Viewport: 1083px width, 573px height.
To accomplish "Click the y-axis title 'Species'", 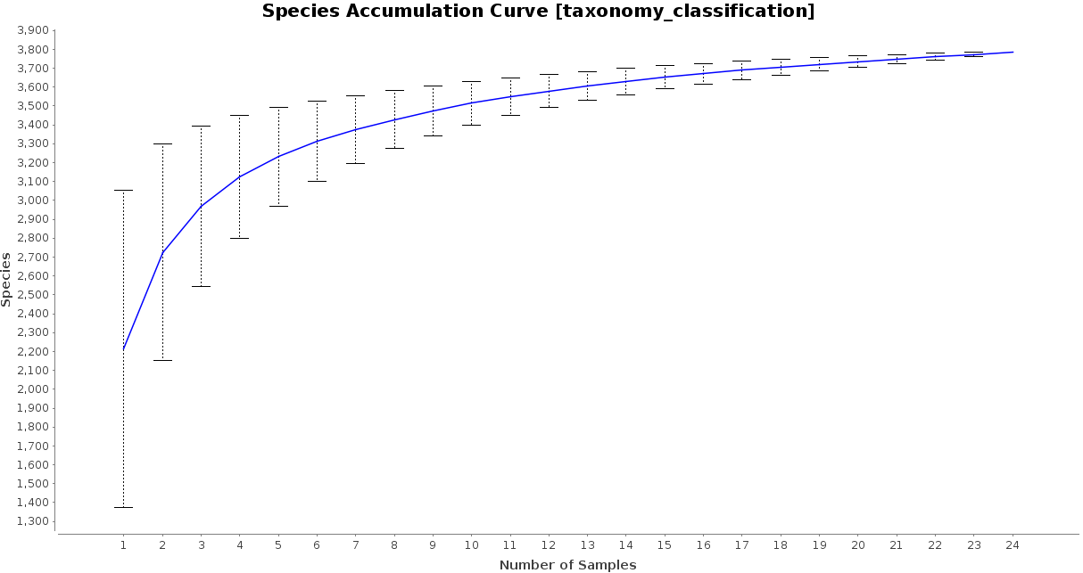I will [x=7, y=279].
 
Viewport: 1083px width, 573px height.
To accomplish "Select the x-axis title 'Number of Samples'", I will [x=567, y=565].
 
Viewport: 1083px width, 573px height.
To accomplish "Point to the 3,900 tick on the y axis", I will [x=33, y=30].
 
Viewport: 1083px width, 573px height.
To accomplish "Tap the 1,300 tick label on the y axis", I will [x=33, y=522].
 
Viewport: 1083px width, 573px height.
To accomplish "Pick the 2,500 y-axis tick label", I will [x=33, y=295].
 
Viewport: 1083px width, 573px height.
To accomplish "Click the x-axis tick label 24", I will [x=1013, y=544].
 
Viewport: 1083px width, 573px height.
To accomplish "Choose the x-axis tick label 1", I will [x=123, y=544].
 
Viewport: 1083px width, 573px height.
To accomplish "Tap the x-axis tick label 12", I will [x=549, y=544].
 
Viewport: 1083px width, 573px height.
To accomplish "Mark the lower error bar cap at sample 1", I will [x=123, y=507].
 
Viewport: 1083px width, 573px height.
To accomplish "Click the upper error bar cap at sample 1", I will [x=123, y=190].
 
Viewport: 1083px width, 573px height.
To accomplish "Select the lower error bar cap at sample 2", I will [x=162, y=360].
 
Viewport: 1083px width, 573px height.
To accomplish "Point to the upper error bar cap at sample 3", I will [x=201, y=126].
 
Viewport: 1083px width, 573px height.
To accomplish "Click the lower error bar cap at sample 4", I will [x=239, y=238].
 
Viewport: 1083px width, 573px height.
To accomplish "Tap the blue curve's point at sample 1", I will [x=123, y=348].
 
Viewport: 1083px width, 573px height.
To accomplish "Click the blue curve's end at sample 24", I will [x=1013, y=52].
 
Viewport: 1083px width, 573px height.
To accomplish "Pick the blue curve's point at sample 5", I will [x=278, y=157].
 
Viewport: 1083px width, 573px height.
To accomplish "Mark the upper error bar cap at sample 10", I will [x=471, y=81].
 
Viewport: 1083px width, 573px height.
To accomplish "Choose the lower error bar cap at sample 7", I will [x=355, y=163].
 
